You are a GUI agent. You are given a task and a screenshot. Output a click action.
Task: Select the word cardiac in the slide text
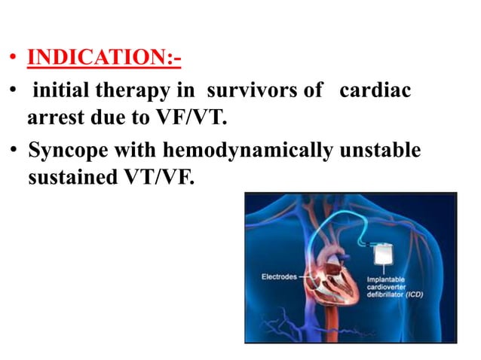tap(375, 93)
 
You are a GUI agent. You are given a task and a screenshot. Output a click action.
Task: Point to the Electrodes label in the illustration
tap(280, 276)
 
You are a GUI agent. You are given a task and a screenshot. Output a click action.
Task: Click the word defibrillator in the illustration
tap(384, 294)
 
